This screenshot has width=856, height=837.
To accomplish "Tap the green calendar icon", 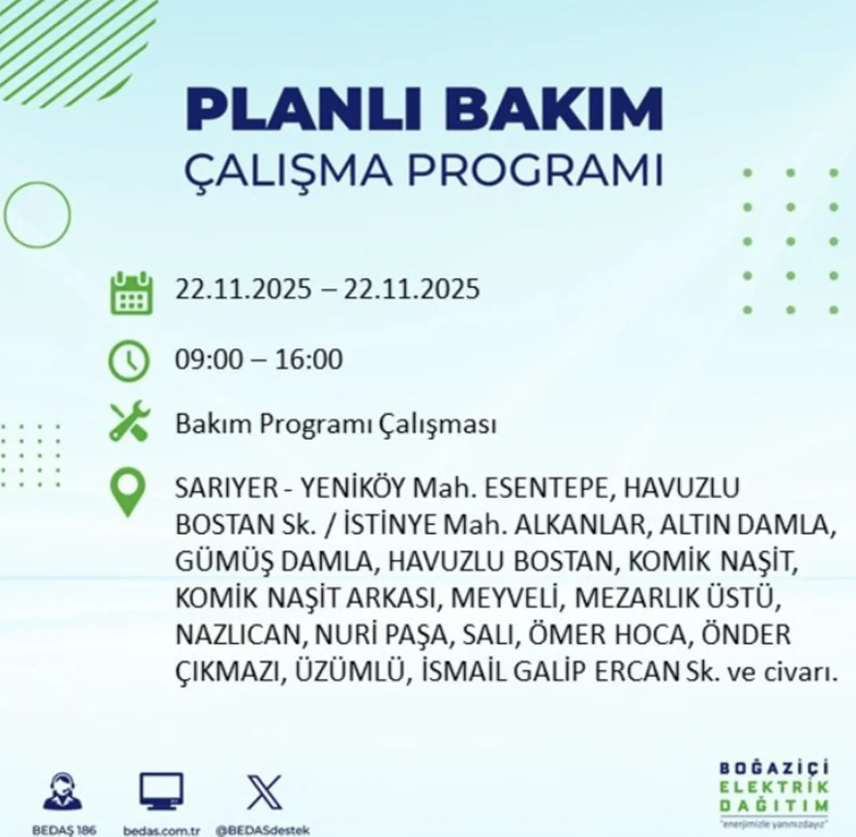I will [x=131, y=292].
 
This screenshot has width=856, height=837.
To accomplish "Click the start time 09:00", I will [x=209, y=360].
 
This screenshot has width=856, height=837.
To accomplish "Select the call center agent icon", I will [x=64, y=795].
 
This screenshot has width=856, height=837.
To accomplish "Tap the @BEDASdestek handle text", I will [x=262, y=830].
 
